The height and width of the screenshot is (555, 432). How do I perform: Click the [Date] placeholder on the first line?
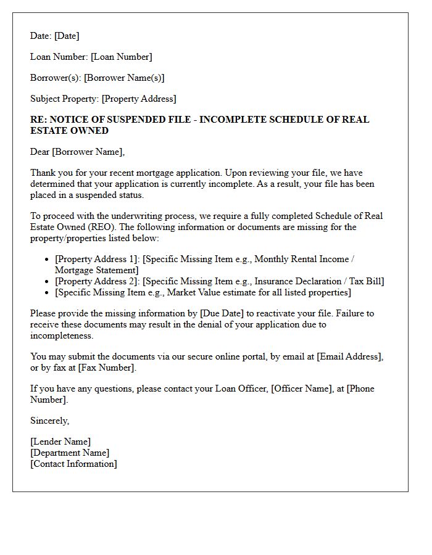click(x=67, y=36)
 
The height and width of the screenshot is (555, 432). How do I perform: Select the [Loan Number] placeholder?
click(x=121, y=57)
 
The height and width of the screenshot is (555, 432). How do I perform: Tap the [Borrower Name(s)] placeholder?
click(x=124, y=78)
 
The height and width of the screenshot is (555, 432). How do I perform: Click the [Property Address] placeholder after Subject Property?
click(x=139, y=99)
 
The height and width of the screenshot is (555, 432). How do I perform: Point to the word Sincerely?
click(x=49, y=421)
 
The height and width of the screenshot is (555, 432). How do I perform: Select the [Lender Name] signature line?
click(x=60, y=442)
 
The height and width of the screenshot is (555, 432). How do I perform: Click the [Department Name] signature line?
click(x=69, y=453)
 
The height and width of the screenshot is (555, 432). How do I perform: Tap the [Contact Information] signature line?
click(x=73, y=464)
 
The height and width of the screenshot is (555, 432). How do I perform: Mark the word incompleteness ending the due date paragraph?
click(x=61, y=335)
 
